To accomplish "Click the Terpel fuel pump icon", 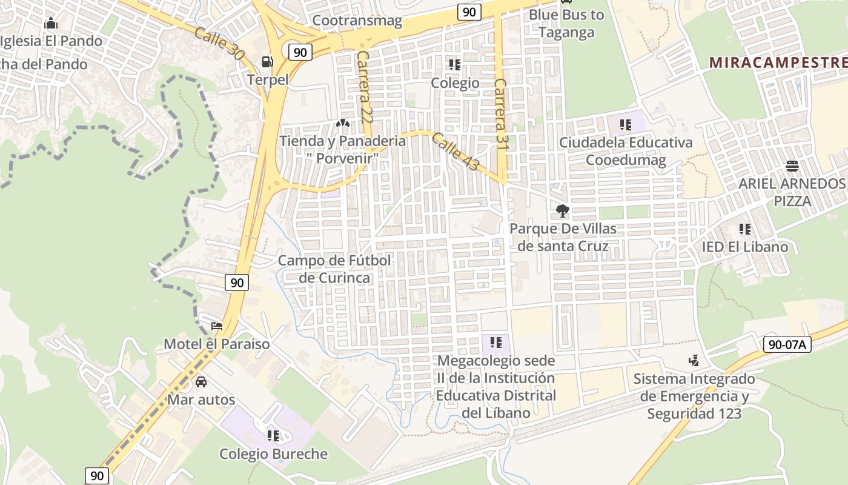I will pos(267,61).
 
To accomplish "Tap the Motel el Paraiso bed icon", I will pos(217,326).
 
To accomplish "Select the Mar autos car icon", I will pos(201,382).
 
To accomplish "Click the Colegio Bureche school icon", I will pos(273,435).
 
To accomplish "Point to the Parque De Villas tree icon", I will pos(563,211).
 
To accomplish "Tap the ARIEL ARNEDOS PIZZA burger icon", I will pos(792,166).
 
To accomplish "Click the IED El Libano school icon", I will pos(745,229).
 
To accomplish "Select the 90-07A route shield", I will pos(787,344).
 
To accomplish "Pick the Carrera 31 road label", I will pos(500,113).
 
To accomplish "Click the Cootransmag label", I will pos(357,21).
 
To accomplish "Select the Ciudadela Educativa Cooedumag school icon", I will pos(625,125).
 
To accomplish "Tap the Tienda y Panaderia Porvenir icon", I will pos(342,123).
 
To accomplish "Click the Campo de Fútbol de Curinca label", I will pos(334,269).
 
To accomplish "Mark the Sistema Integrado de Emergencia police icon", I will pos(694,361).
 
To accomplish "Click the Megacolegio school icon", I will pos(496,343).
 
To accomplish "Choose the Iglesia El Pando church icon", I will pos(51,24).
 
